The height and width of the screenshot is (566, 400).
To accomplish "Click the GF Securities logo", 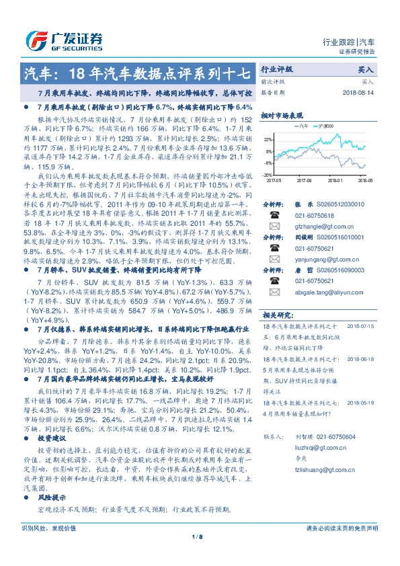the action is [x=65, y=39].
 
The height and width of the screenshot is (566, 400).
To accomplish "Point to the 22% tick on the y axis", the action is [x=268, y=140].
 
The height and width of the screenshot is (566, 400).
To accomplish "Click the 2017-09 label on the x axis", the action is [x=304, y=180].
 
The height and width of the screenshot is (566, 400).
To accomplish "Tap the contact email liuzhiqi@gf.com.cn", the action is [x=313, y=445].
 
